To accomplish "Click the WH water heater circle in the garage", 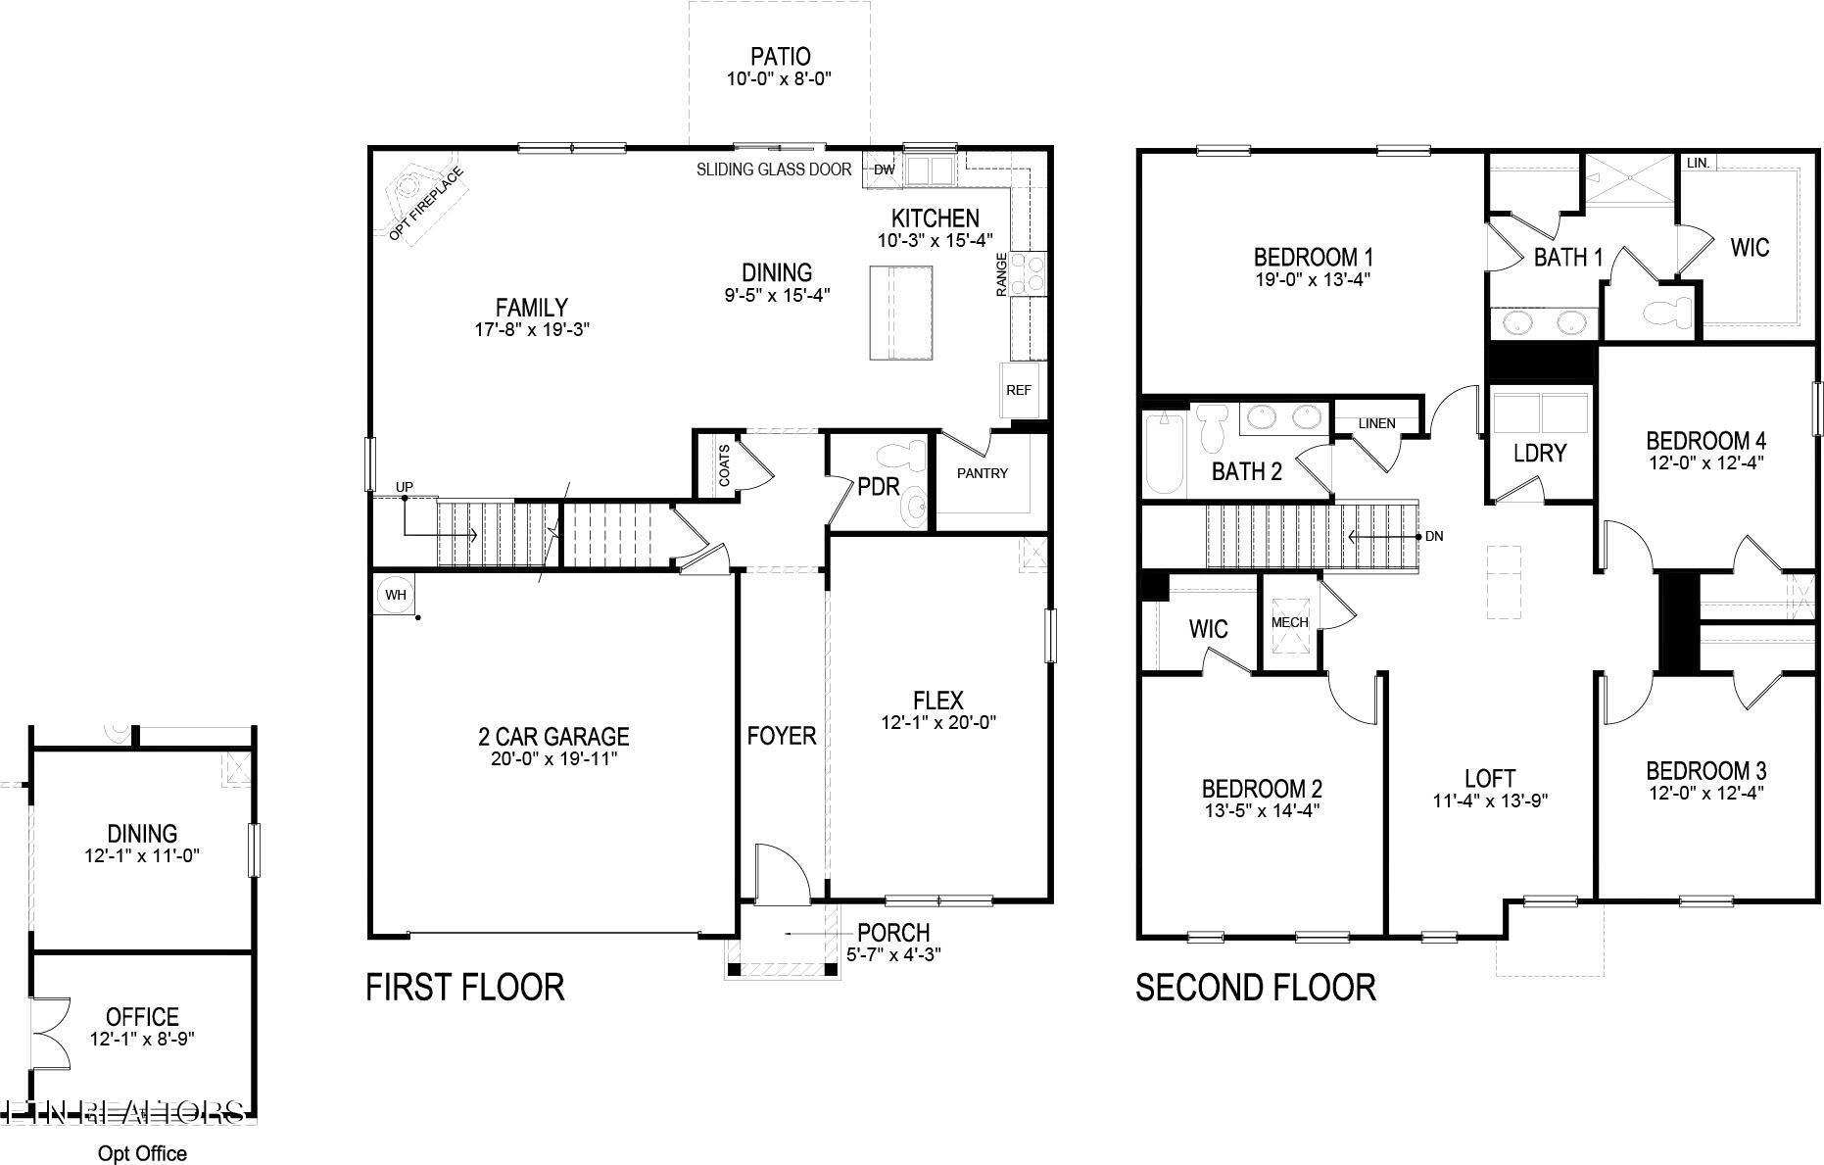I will coord(395,595).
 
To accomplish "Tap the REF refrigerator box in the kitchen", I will coord(1019,390).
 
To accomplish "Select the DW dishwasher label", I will coord(884,170).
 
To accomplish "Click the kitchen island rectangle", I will coord(901,313).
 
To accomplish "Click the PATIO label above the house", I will coord(780,57).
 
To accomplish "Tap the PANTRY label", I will coord(982,473).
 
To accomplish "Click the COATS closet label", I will coord(724,465).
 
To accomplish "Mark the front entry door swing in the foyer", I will coord(781,871).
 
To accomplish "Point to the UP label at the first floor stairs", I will coord(405,487).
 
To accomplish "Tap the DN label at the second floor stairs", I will coord(1434,536).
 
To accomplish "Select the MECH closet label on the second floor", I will coord(1289,622).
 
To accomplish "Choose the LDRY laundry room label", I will coord(1540,453).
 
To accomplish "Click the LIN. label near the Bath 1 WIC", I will coord(1698,163).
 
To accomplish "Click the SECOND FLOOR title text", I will coord(1255,987).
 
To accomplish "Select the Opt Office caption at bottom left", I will coord(142,1153).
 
